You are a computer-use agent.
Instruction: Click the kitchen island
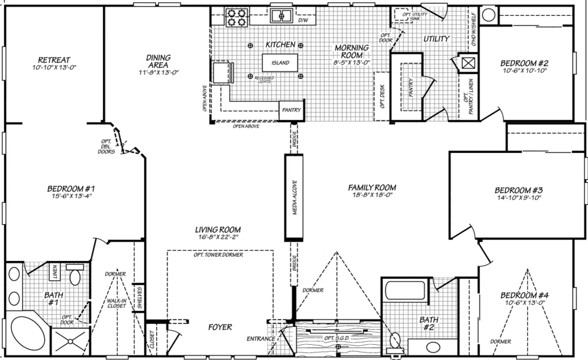pyautogui.click(x=281, y=63)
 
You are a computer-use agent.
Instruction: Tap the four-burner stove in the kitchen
pyautogui.click(x=237, y=17)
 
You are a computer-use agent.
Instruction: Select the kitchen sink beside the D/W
pyautogui.click(x=281, y=16)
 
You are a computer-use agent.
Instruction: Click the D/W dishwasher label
pyautogui.click(x=303, y=21)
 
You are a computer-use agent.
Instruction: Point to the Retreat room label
pyautogui.click(x=54, y=60)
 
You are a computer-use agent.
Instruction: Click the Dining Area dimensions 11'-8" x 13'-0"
pyautogui.click(x=158, y=72)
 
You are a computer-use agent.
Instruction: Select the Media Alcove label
pyautogui.click(x=294, y=197)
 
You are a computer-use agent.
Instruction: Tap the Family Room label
pyautogui.click(x=372, y=188)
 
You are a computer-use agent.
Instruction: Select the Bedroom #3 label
pyautogui.click(x=519, y=190)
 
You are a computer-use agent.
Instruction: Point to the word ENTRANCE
pyautogui.click(x=261, y=339)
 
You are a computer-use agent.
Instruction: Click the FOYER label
pyautogui.click(x=220, y=327)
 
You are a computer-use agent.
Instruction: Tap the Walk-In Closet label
pyautogui.click(x=116, y=302)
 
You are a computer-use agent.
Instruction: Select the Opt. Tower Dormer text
pyautogui.click(x=218, y=255)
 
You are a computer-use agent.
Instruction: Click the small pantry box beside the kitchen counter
pyautogui.click(x=291, y=110)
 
